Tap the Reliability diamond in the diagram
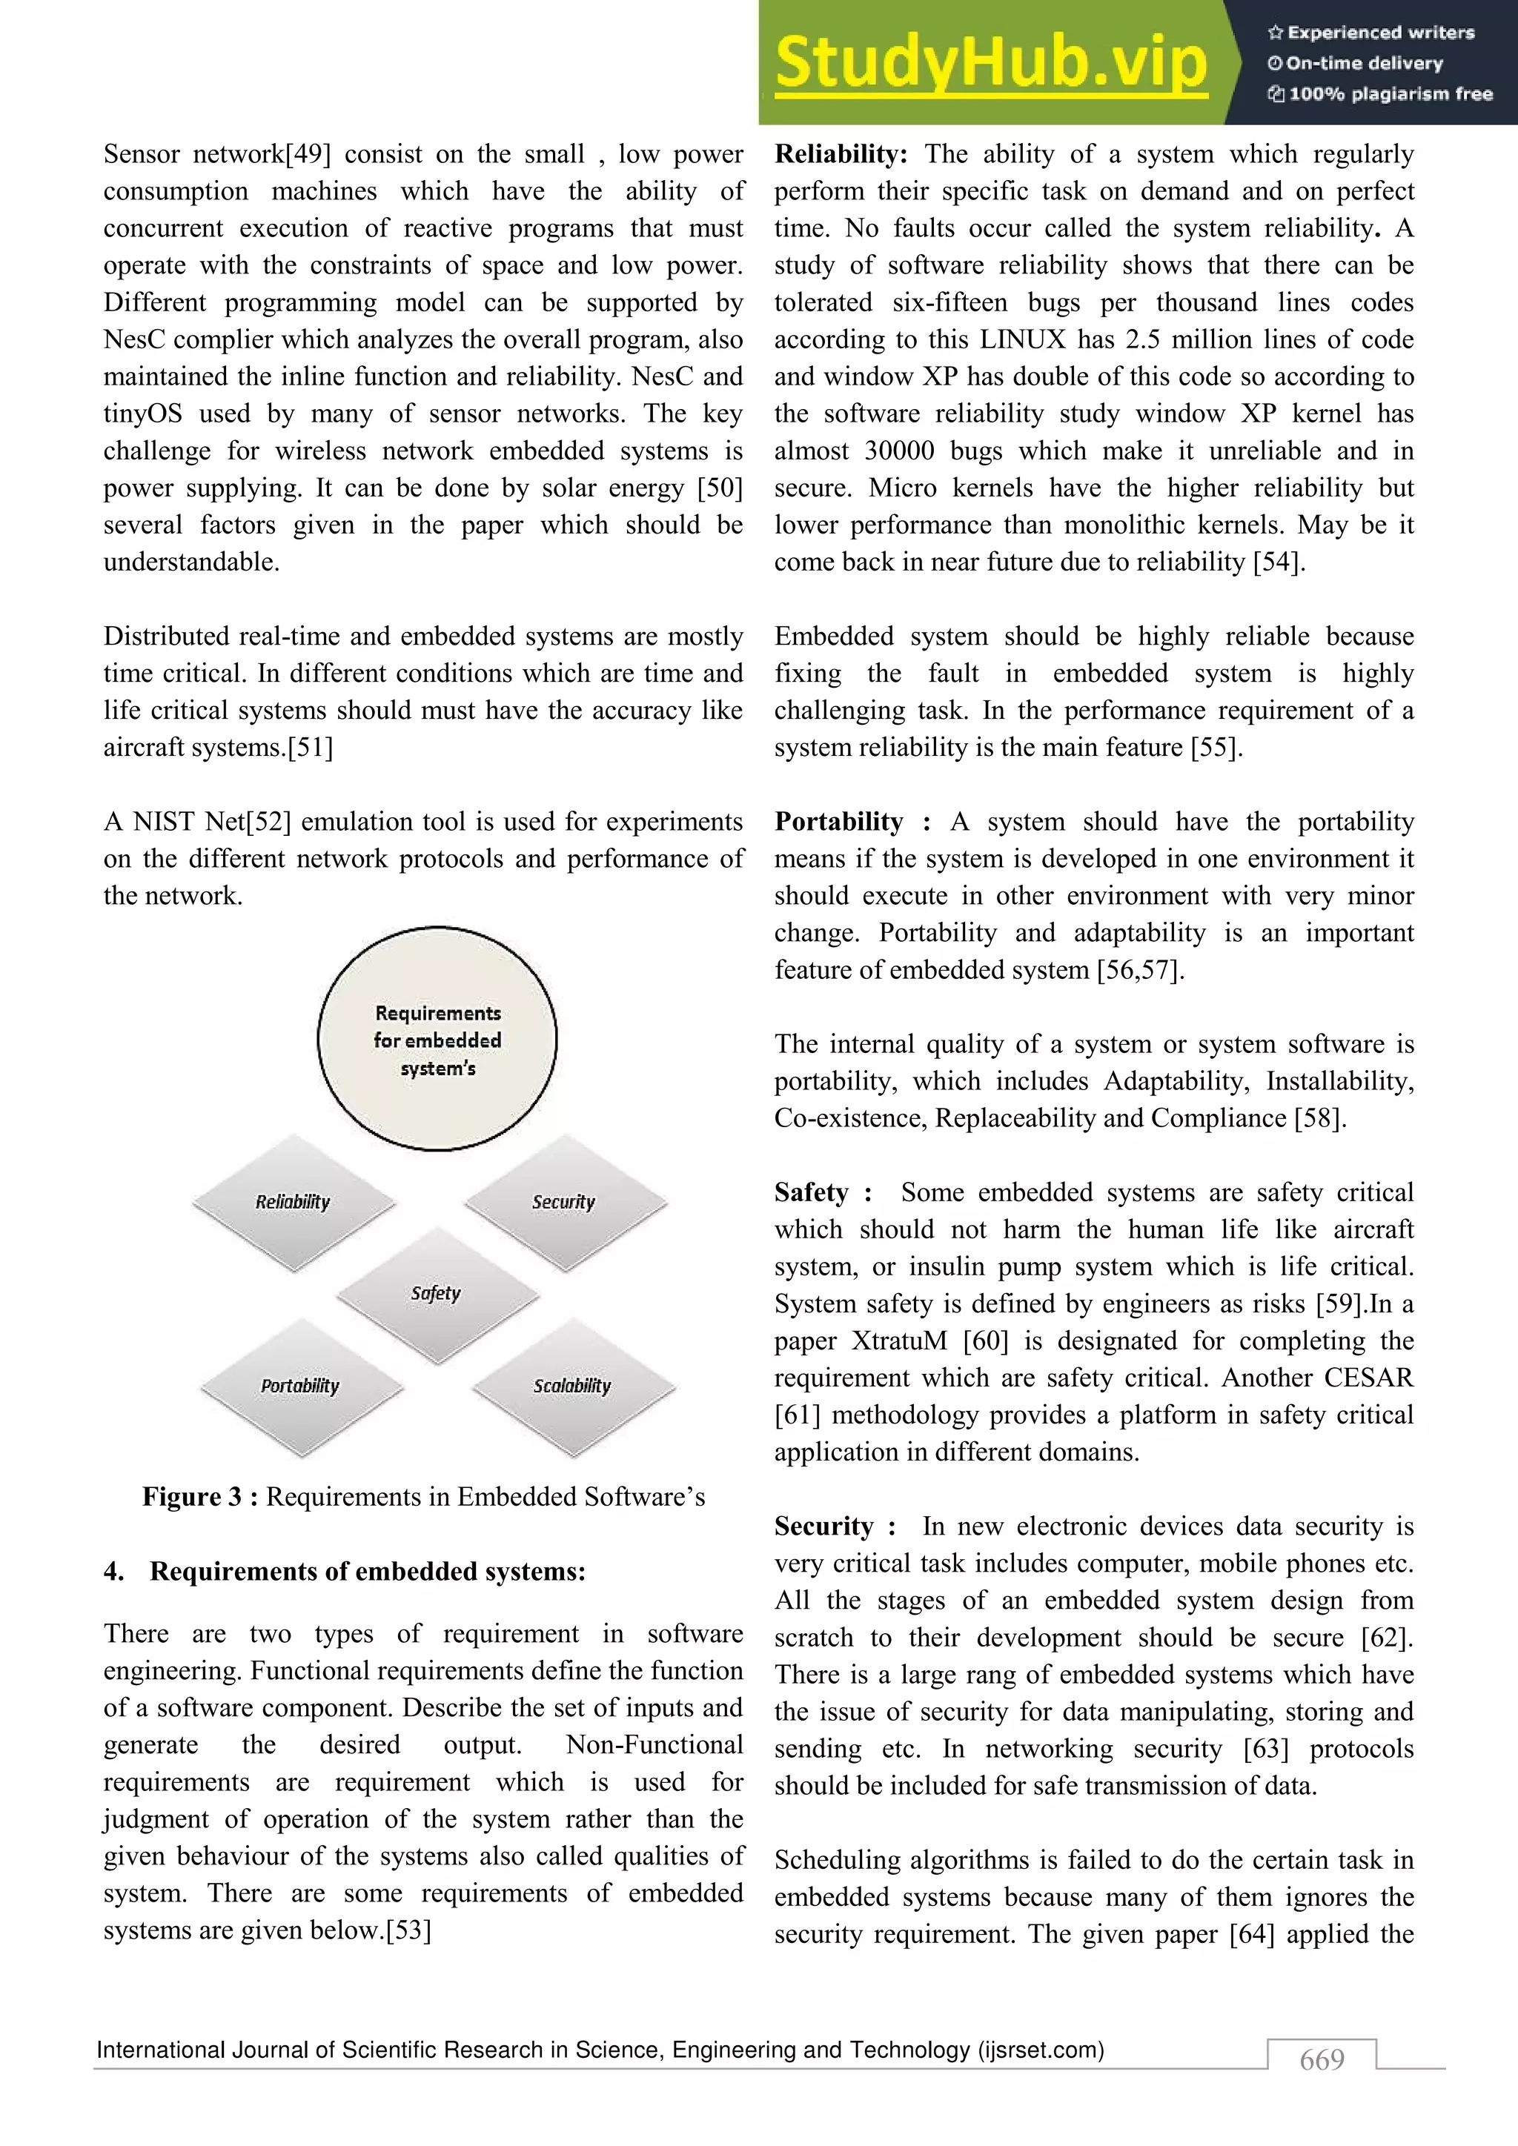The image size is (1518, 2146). point(294,1202)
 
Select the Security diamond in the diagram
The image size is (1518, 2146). point(565,1202)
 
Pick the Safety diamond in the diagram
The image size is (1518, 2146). point(437,1294)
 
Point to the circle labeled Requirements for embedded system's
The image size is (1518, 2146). point(437,1040)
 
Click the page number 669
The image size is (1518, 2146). point(1322,2059)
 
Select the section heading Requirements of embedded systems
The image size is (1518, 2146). point(368,1571)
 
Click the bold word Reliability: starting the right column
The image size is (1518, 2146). point(841,154)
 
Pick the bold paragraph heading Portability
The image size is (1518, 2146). point(838,822)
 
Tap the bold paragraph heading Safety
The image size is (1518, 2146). point(812,1192)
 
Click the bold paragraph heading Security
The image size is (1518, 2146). point(823,1527)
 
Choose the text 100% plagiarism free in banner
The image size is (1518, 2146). point(1390,93)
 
